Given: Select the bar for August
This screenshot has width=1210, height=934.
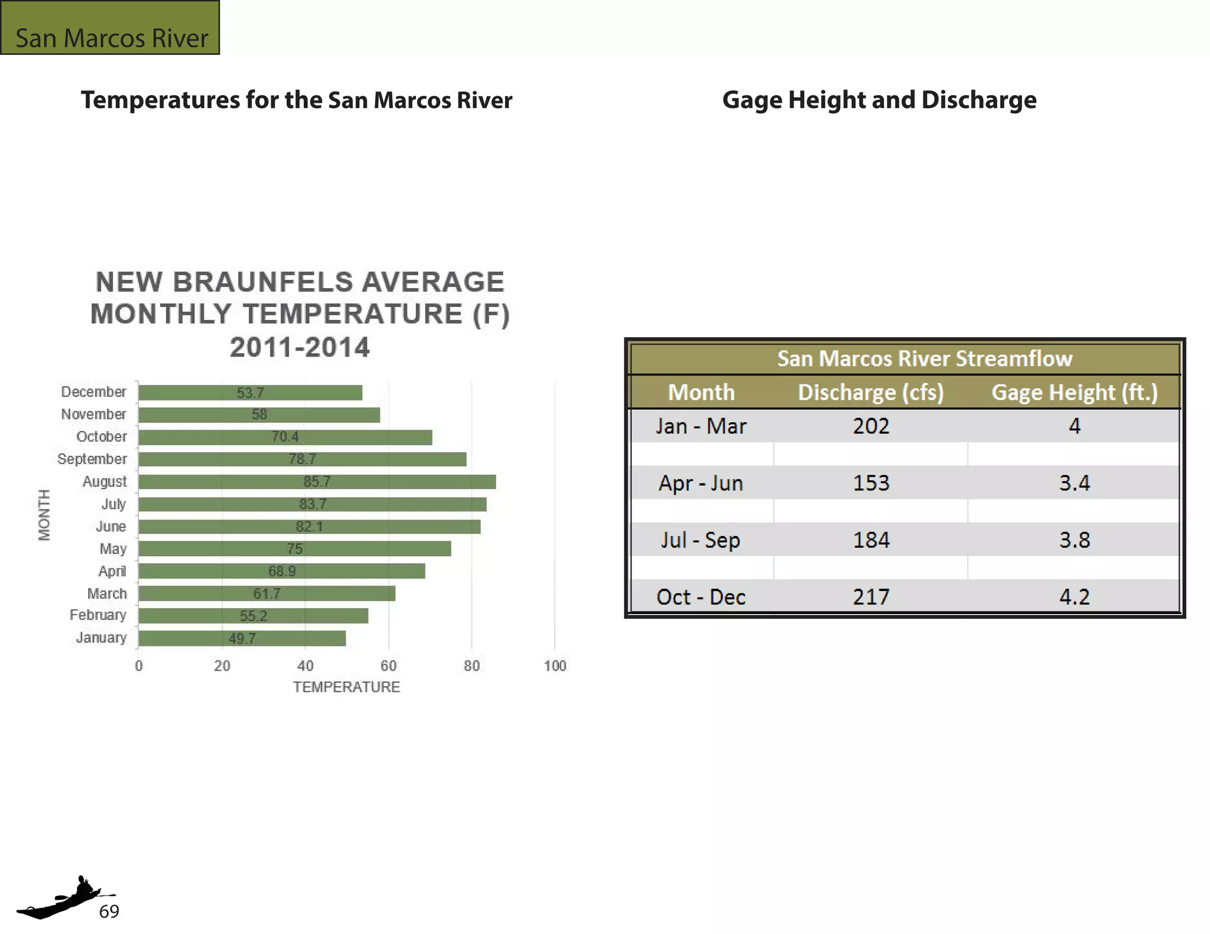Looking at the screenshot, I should click(x=317, y=482).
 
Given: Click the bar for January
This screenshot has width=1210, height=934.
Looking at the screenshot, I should click(x=242, y=638).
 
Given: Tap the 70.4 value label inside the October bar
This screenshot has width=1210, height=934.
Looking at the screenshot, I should click(x=285, y=437).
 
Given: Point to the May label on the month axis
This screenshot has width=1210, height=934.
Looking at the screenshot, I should click(x=113, y=549).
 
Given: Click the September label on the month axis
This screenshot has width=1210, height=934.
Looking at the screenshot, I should click(x=92, y=459).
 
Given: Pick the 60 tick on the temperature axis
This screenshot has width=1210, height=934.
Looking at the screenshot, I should click(x=388, y=666).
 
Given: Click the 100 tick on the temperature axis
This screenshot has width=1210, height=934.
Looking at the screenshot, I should click(x=555, y=666).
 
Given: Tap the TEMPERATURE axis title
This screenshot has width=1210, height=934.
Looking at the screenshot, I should click(x=346, y=687).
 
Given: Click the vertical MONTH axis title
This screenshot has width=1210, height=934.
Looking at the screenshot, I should click(x=44, y=515).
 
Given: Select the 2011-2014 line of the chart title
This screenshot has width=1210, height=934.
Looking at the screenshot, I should click(x=300, y=347).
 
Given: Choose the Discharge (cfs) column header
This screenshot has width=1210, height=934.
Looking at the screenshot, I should click(x=871, y=393).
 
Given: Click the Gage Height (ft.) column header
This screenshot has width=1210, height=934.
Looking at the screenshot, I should click(x=1074, y=393).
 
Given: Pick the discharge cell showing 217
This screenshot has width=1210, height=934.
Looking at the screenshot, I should click(x=871, y=597).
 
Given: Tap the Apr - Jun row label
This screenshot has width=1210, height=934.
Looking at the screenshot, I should click(x=701, y=484).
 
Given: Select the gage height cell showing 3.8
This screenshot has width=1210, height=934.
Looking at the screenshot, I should click(x=1074, y=540).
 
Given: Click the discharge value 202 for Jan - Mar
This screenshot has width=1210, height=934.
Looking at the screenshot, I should click(x=871, y=426).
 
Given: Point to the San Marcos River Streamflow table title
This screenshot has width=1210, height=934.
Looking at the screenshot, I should click(x=924, y=359).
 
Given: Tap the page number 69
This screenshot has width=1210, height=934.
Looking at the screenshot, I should click(x=109, y=912).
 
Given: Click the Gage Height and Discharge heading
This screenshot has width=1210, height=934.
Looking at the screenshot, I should click(x=879, y=100).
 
